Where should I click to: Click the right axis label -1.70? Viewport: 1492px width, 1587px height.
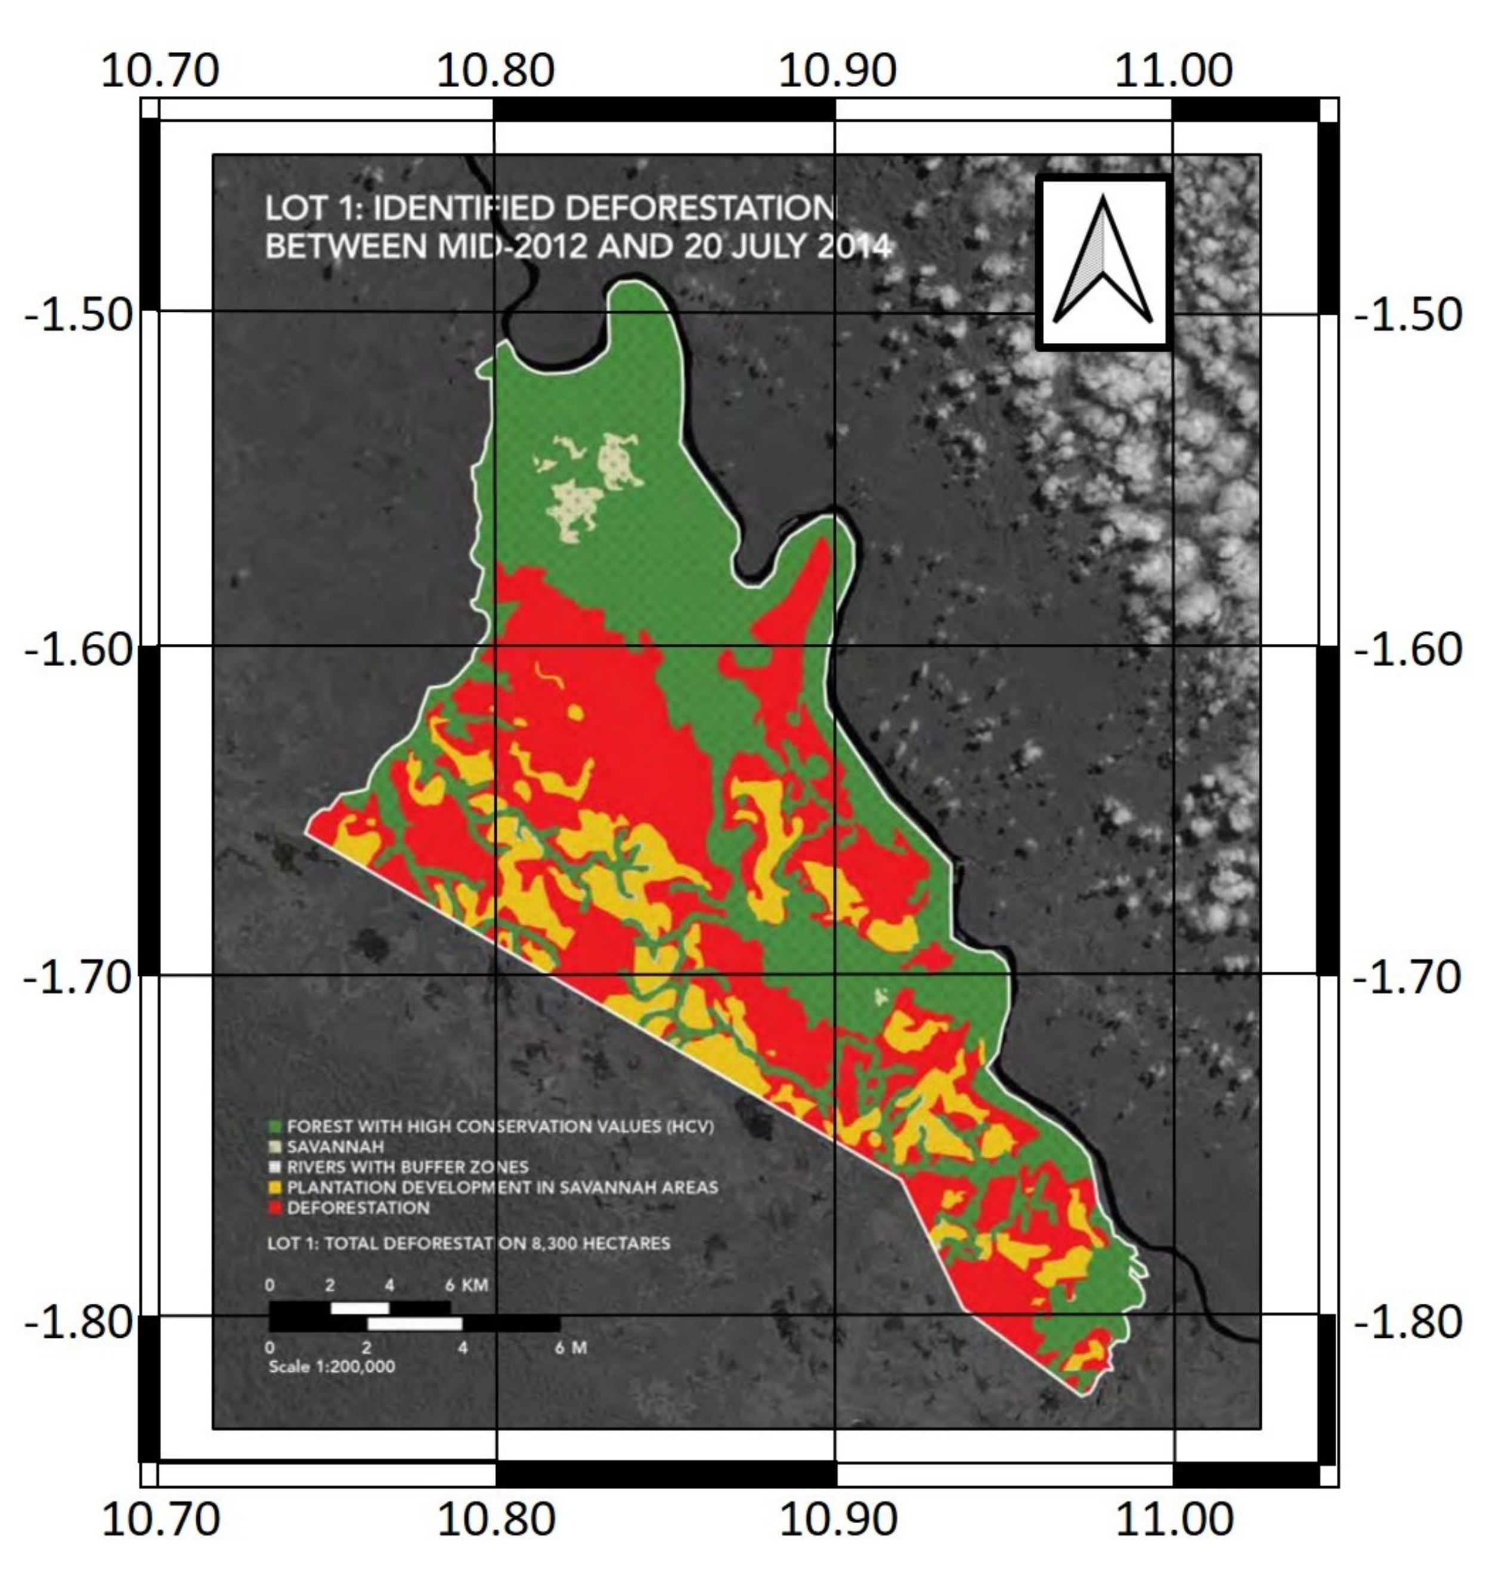click(x=1407, y=977)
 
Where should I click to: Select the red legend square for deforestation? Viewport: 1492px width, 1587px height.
click(x=275, y=1208)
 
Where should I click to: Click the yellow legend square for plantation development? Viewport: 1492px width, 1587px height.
click(x=275, y=1187)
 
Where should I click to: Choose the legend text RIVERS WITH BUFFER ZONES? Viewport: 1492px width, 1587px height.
click(x=407, y=1167)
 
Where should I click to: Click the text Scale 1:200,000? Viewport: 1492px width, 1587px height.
click(x=332, y=1366)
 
